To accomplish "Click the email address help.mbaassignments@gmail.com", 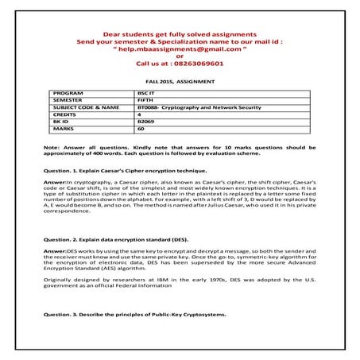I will [x=180, y=47].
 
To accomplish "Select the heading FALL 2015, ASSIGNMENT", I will [x=180, y=81].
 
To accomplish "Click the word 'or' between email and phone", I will [x=180, y=55].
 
